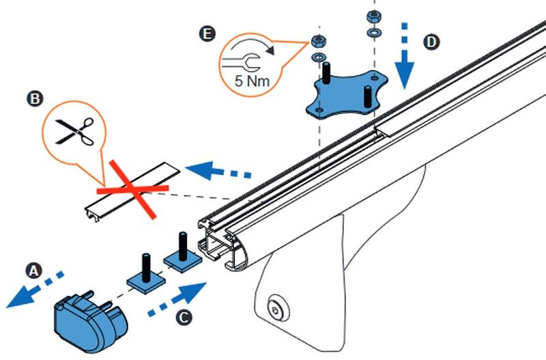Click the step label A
tap(31, 271)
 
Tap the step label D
tap(431, 42)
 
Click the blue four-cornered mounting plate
tap(345, 94)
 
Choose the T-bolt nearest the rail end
tap(182, 252)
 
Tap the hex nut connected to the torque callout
tap(318, 40)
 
